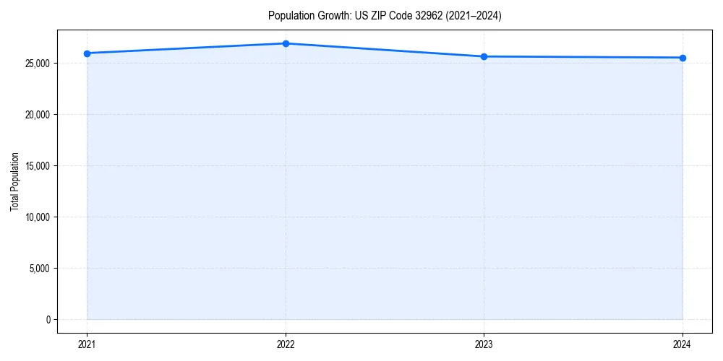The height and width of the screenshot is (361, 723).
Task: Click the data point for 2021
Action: click(87, 53)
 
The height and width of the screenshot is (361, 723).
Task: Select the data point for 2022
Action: click(286, 43)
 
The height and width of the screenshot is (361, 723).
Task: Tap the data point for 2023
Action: click(484, 56)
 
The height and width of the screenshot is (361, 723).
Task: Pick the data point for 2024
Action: click(683, 58)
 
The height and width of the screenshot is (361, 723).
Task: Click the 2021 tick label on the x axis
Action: click(87, 344)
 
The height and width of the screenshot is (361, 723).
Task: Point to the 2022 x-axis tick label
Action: click(286, 344)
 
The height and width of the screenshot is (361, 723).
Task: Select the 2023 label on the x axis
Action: click(484, 344)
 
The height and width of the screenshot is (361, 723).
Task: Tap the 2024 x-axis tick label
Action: click(683, 344)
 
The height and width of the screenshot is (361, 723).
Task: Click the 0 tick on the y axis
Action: click(48, 320)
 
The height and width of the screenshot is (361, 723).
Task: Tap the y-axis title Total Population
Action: click(14, 181)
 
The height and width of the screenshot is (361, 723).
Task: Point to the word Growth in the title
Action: click(330, 16)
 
